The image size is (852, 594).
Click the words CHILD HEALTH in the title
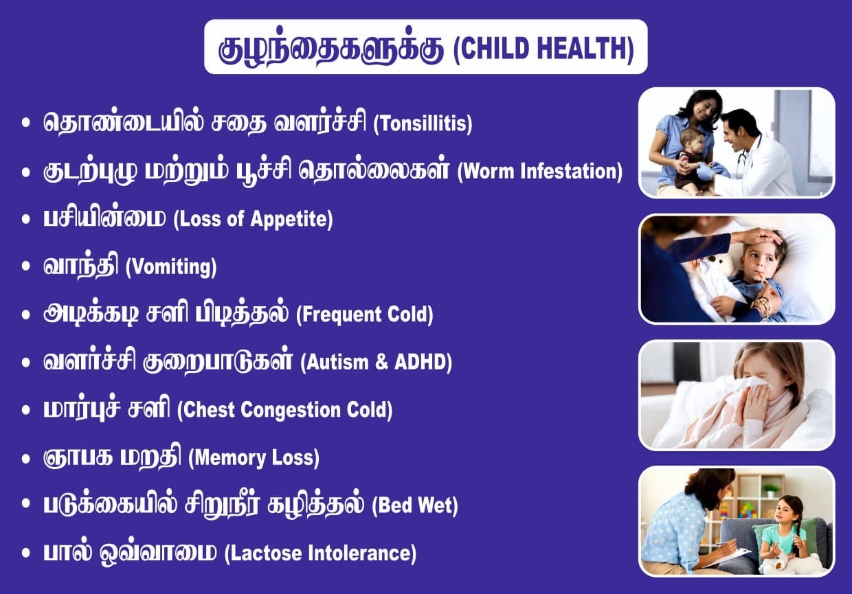coord(544,48)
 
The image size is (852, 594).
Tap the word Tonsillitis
coord(423,124)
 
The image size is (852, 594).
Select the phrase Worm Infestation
coord(540,171)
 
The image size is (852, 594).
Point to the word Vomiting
coord(171,267)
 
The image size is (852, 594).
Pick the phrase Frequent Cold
coord(365,315)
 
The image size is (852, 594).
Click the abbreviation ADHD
coord(420,362)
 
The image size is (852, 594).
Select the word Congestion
coord(290,411)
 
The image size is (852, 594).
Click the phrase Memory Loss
coord(254,457)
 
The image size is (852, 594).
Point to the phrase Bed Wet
coord(415,505)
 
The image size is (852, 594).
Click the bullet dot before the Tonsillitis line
coord(26,123)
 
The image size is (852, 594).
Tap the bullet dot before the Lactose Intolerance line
coord(26,553)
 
